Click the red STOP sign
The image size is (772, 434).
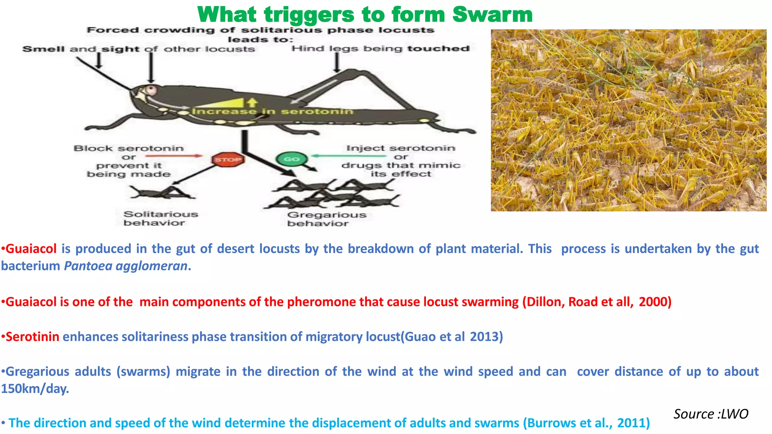coord(228,159)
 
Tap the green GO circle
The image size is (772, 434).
coord(291,159)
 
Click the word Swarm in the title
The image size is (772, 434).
coord(492,15)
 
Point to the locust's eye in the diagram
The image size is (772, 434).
coord(152,90)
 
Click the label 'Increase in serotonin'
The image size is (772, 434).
coord(273,112)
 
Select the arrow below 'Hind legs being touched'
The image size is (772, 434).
coord(337,62)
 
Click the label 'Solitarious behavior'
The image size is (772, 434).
coord(160,219)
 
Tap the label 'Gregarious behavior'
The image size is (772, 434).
coord(326,219)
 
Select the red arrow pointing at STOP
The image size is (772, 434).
coord(173,156)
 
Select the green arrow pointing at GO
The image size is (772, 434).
coord(349,156)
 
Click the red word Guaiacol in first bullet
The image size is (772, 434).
coord(31,249)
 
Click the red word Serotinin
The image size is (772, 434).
coord(32,336)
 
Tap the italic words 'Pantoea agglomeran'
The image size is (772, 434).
coord(126,266)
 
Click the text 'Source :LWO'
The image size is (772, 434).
coord(711,414)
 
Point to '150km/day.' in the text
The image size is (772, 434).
coord(35,389)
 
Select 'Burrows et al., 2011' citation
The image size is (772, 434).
coord(587,423)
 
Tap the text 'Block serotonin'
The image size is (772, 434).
coord(129,148)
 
